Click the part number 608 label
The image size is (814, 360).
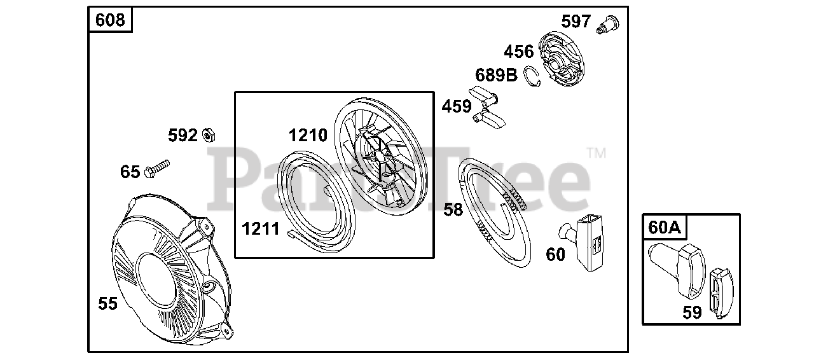tap(110, 20)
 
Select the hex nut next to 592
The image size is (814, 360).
tap(209, 135)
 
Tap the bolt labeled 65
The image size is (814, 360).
tap(157, 169)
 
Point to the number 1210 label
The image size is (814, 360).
tap(308, 135)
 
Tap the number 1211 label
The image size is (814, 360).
tap(261, 229)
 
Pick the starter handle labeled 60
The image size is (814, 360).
tap(583, 242)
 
